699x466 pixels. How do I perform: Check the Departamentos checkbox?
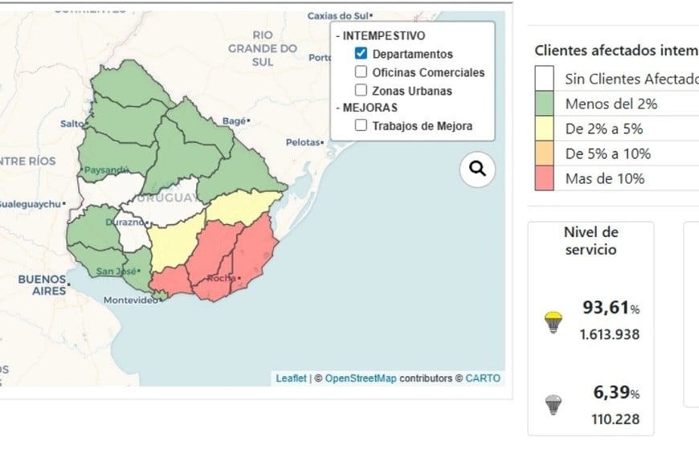coord(362,55)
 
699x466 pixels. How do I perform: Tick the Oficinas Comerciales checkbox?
coord(362,72)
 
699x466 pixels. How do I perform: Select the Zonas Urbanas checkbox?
coord(362,91)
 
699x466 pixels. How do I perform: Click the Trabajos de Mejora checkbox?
coord(362,125)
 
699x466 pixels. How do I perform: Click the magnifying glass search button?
coord(477,169)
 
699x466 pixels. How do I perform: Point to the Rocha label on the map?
coord(221,279)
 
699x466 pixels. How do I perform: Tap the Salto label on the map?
coord(71,124)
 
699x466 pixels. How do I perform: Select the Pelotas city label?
coord(304,142)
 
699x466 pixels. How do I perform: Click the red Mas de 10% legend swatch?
coord(545,178)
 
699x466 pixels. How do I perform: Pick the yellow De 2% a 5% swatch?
coord(545,129)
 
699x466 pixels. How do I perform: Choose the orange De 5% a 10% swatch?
coord(545,153)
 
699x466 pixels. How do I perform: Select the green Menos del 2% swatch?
coord(545,104)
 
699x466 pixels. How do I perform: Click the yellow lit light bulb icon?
coord(553,322)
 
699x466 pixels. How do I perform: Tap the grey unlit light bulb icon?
coord(553,404)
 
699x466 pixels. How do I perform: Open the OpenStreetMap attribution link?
coord(361,378)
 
